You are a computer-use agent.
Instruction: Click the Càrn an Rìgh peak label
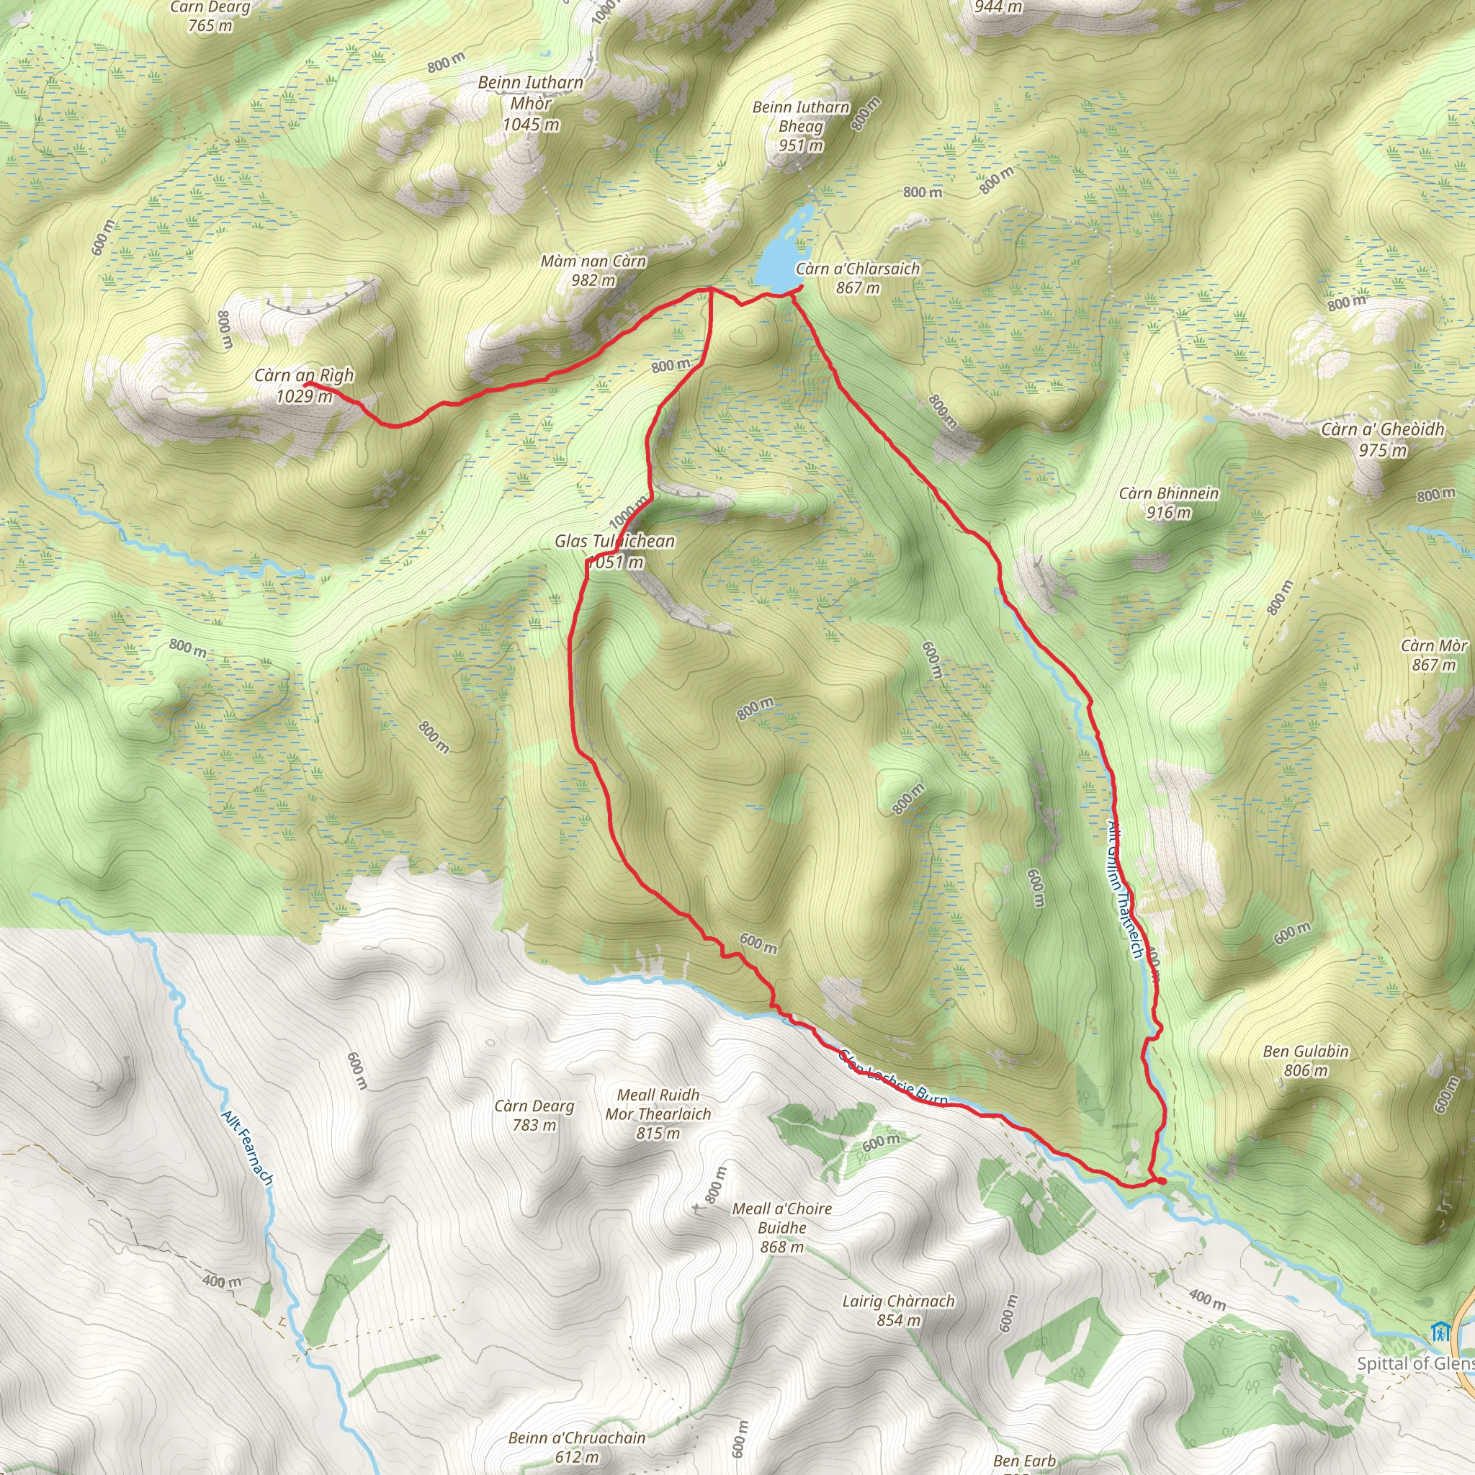click(304, 385)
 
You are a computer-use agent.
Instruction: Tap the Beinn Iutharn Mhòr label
click(531, 103)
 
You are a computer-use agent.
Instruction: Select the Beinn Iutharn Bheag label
click(801, 125)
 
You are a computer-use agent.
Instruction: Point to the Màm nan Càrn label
click(593, 270)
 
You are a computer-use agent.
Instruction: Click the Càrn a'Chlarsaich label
click(857, 278)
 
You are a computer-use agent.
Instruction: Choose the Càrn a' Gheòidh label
click(1383, 439)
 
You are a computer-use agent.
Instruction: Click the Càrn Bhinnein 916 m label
click(1168, 503)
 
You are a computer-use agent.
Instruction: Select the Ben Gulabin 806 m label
click(1306, 1060)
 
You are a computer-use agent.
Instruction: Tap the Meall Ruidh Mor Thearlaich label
click(658, 1114)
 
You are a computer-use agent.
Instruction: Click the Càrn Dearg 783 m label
click(534, 1115)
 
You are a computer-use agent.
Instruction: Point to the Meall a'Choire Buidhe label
click(781, 1228)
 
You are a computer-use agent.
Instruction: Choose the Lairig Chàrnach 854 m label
click(898, 1310)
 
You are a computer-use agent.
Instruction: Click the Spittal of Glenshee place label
click(1415, 1363)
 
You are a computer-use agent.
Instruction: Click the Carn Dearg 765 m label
click(210, 16)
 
